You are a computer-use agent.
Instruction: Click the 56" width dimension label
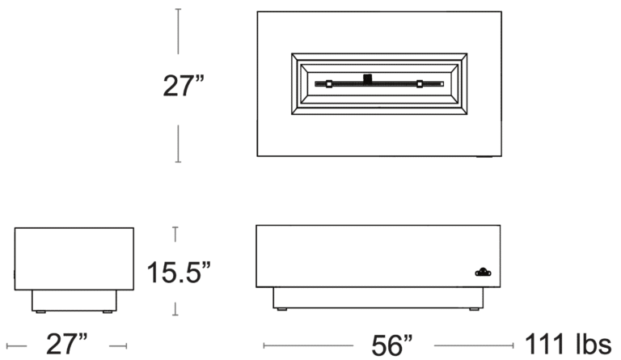pyautogui.click(x=391, y=345)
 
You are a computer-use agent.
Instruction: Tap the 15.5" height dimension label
pyautogui.click(x=179, y=272)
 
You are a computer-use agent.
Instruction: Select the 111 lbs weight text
pyautogui.click(x=568, y=344)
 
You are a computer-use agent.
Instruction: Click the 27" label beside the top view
pyautogui.click(x=184, y=86)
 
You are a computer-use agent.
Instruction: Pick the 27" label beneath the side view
pyautogui.click(x=66, y=344)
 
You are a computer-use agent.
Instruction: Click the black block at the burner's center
pyautogui.click(x=368, y=78)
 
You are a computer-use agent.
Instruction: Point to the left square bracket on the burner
pyautogui.click(x=329, y=84)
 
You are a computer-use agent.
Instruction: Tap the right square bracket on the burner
pyautogui.click(x=420, y=84)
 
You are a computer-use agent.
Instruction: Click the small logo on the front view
pyautogui.click(x=484, y=272)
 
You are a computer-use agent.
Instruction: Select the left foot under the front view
pyautogui.click(x=282, y=309)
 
